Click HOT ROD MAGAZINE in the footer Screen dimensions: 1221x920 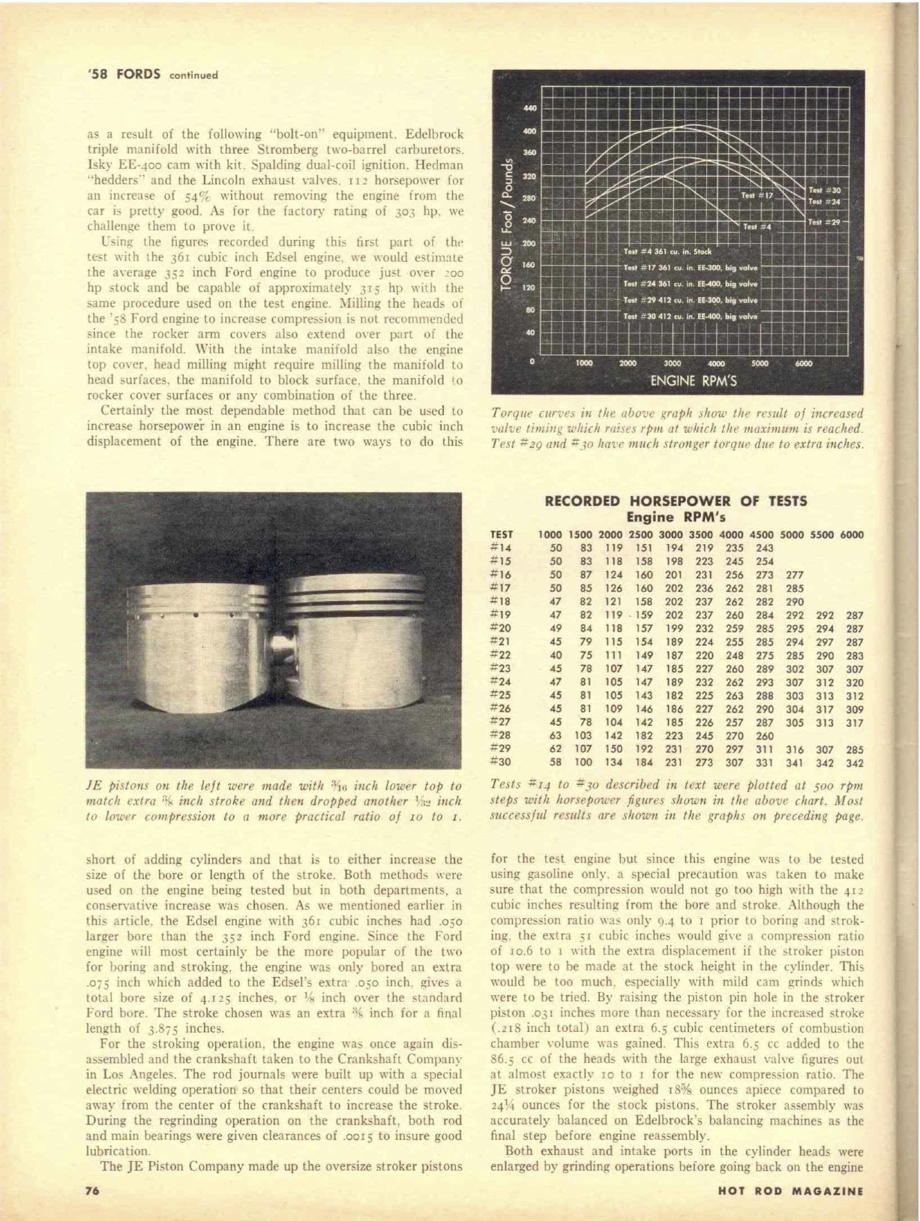pos(790,1190)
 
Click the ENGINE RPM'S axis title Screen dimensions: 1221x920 pos(694,380)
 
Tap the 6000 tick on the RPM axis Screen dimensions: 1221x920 pos(803,363)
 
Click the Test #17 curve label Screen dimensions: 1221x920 pos(757,195)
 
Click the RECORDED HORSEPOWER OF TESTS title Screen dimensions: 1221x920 pos(676,501)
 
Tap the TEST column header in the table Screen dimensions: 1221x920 pos(502,535)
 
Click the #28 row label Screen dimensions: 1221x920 pos(502,735)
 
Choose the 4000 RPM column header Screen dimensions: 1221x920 pos(730,535)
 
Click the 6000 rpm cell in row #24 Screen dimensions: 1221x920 pos(854,682)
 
